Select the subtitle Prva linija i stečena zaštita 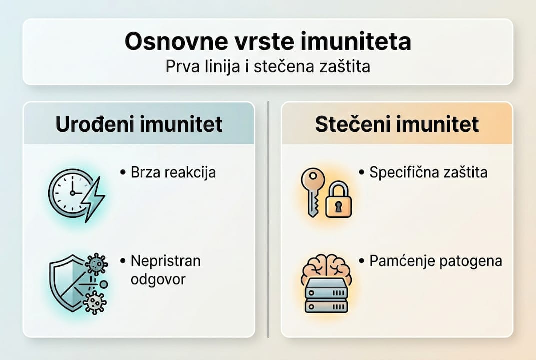click(268, 67)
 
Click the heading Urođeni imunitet click(139, 124)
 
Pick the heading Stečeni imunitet click(397, 124)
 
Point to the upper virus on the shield click(95, 264)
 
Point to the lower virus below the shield click(94, 302)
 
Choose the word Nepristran click(165, 261)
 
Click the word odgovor click(158, 279)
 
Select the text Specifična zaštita click(428, 173)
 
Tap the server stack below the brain click(326, 295)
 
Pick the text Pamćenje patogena click(436, 261)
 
